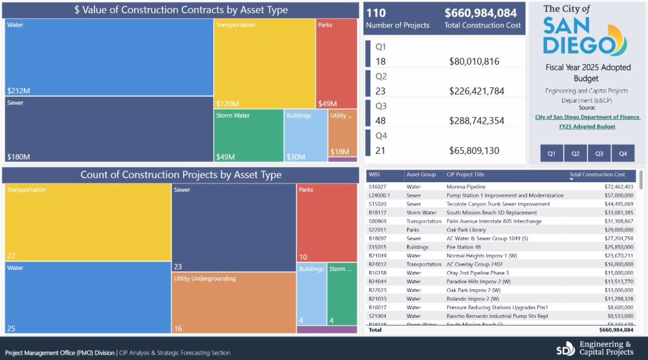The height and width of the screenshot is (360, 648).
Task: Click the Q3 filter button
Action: (599, 154)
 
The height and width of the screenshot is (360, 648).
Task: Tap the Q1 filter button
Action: (552, 154)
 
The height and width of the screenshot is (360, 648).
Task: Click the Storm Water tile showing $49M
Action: (249, 135)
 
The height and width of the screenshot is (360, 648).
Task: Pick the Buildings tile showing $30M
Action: (306, 135)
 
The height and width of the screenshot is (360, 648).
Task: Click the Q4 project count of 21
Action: (381, 151)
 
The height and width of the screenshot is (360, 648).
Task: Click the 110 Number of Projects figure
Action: (376, 13)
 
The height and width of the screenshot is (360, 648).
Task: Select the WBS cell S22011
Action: (378, 230)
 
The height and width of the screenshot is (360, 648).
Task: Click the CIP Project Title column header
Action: (465, 175)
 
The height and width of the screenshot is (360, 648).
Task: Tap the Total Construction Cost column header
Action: (597, 175)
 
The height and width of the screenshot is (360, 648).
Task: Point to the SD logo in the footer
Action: (566, 348)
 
